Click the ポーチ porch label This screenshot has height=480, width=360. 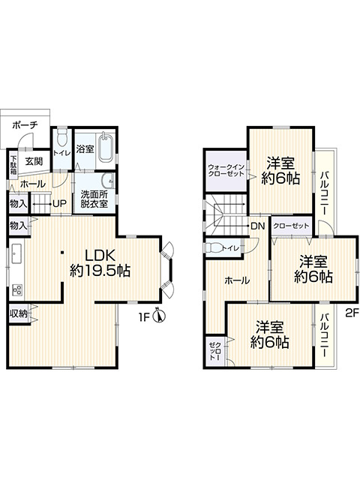click(x=25, y=125)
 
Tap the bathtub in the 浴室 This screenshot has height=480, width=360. click(x=106, y=148)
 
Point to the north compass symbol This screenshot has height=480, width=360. click(x=160, y=316)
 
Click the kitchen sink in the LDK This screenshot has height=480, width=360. click(x=16, y=253)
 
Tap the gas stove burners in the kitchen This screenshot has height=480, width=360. click(x=16, y=289)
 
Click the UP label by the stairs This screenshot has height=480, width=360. click(x=60, y=203)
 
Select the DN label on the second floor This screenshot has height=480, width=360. click(x=257, y=226)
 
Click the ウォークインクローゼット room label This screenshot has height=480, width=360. click(x=226, y=170)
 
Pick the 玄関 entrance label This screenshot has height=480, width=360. click(x=34, y=161)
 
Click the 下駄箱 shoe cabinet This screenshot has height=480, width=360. click(x=13, y=165)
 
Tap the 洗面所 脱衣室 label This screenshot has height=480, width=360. click(x=94, y=199)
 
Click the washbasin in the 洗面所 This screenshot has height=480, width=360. click(x=108, y=181)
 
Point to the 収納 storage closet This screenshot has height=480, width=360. click(x=19, y=313)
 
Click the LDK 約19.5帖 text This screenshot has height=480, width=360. click(x=100, y=262)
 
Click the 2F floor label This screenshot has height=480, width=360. click(x=352, y=313)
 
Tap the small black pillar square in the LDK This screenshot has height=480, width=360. click(x=62, y=253)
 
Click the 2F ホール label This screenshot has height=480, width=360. click(x=237, y=280)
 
